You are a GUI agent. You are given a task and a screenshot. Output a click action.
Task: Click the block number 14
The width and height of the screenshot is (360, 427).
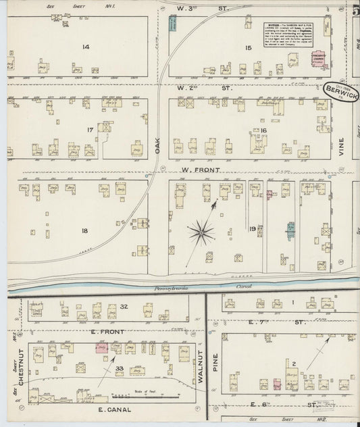coord(86,47)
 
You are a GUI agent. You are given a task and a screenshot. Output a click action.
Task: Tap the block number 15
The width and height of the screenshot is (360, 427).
coord(248,47)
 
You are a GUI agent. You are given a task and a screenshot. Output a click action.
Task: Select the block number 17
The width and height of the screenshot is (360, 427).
coord(89,130)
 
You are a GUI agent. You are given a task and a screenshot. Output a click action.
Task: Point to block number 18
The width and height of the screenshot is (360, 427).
coord(84,231)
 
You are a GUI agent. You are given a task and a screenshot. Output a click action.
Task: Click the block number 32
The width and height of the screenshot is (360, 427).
coord(124,307)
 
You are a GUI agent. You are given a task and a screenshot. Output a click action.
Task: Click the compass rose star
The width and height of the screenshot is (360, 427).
coord(201,233)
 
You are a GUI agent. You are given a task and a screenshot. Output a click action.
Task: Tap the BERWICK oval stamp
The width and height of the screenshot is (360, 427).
coord(341,91)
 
